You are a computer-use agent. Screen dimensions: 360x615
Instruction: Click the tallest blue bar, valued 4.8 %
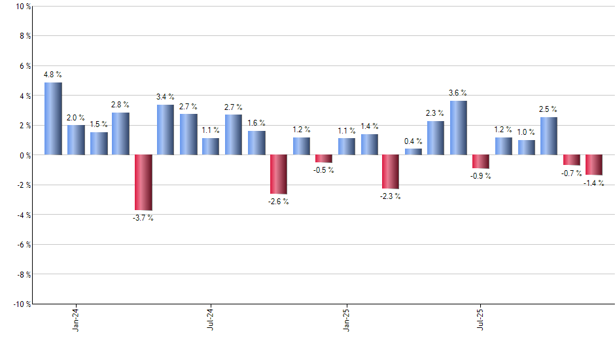53,118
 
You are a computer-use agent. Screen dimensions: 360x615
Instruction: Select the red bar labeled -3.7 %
143,182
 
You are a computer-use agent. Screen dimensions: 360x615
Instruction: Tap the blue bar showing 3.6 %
459,128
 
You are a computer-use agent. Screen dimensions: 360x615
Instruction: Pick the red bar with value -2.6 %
279,174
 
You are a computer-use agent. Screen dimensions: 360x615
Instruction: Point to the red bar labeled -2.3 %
391,171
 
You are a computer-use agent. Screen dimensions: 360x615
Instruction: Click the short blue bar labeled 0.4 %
413,152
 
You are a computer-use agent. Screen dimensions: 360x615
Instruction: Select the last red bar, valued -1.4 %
594,165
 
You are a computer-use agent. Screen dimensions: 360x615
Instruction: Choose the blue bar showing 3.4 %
166,130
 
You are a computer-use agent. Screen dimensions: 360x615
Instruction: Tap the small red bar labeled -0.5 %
324,158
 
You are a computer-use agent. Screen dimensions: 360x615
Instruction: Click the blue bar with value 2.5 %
549,136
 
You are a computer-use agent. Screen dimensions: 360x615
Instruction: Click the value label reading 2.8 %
120,104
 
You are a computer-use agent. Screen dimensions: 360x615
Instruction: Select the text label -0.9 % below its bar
481,176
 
